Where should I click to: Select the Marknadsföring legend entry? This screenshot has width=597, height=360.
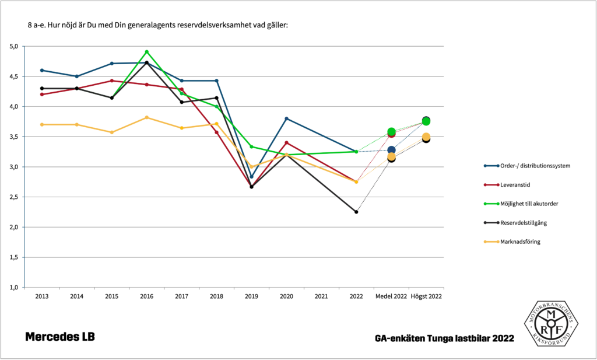[x=519, y=242]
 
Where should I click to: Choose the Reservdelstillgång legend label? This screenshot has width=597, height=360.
[x=523, y=222]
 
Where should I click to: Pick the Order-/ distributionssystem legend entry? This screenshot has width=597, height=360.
[x=535, y=165]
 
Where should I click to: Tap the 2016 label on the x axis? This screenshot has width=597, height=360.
[x=146, y=296]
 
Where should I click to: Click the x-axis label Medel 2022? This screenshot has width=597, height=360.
[x=391, y=296]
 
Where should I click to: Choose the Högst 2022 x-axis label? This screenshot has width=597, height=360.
[x=426, y=296]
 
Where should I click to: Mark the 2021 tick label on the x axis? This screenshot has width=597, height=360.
[x=321, y=296]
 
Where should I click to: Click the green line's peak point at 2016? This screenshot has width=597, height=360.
[x=146, y=52]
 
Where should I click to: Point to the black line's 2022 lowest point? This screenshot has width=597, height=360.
[x=356, y=212]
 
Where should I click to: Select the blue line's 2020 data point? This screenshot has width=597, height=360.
[x=286, y=118]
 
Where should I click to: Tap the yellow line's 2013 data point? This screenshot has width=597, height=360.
[x=42, y=124]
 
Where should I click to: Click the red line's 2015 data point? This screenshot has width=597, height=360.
[x=111, y=81]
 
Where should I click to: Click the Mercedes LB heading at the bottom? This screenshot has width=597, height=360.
[x=59, y=337]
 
